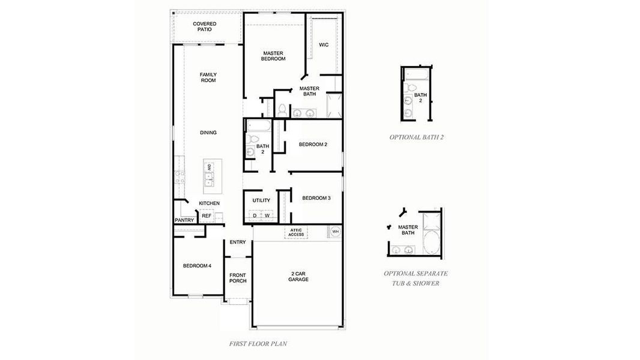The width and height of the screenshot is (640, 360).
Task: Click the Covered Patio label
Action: pos(205,26)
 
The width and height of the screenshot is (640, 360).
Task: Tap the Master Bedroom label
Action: pos(273,56)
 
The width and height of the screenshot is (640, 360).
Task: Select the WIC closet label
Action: pos(324,45)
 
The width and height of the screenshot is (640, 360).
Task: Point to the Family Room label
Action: pos(208,77)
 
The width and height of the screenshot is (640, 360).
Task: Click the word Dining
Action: pos(208,133)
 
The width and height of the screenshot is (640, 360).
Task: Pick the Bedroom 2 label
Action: pos(313,144)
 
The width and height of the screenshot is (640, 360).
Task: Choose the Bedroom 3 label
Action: pos(316,198)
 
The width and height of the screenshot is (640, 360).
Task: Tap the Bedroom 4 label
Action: pos(197,266)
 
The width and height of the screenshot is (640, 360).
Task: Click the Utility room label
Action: pos(261,200)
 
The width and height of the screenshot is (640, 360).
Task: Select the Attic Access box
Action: pos(297,232)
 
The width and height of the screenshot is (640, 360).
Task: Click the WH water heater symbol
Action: pos(336,231)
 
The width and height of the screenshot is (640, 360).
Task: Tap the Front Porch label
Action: pos(238,278)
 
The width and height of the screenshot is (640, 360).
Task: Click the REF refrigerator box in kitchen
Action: pos(206,215)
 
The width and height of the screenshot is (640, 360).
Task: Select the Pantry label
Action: pos(184,220)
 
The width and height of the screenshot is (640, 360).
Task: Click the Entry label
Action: pos(238,242)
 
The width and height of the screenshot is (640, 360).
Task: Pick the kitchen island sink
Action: pos(208,178)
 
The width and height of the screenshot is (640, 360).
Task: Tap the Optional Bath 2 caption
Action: pos(416,137)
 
